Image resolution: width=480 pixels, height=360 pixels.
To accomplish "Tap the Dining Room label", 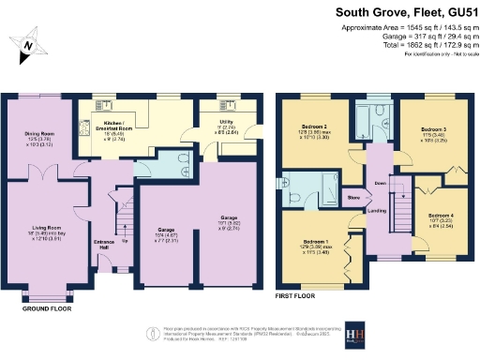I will coord(38,134).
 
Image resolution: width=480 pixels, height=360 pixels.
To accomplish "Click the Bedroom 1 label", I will coord(313,243).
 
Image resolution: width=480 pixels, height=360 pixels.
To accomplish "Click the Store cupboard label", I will coord(353,198).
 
